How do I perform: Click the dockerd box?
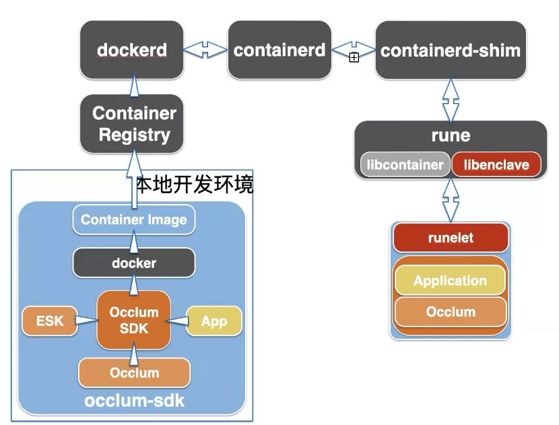[132, 50]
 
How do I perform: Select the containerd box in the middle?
[279, 50]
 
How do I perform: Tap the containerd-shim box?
[450, 50]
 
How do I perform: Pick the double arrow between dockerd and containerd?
[205, 50]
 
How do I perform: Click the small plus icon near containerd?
[354, 58]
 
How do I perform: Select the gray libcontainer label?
[404, 165]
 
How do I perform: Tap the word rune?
[451, 136]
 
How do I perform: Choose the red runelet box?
[450, 238]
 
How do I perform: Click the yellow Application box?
[450, 281]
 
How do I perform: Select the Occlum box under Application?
[450, 312]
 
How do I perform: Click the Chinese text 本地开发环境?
[195, 185]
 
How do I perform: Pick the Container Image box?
[133, 220]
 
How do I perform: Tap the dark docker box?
[133, 263]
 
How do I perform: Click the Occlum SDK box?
[133, 321]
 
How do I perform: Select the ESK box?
[50, 321]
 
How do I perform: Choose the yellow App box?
[213, 321]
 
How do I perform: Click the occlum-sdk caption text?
[134, 401]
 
